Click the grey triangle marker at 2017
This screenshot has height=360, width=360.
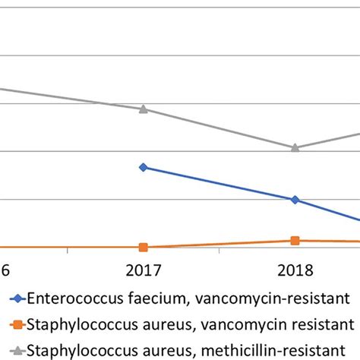coord(144,109)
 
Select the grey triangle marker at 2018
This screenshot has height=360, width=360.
coord(295,147)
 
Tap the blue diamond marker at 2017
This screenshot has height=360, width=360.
coord(144,167)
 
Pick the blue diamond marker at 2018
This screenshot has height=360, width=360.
coord(295,200)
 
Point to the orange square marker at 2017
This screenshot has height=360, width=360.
coord(144,247)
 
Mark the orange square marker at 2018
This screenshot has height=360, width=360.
coord(295,241)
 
